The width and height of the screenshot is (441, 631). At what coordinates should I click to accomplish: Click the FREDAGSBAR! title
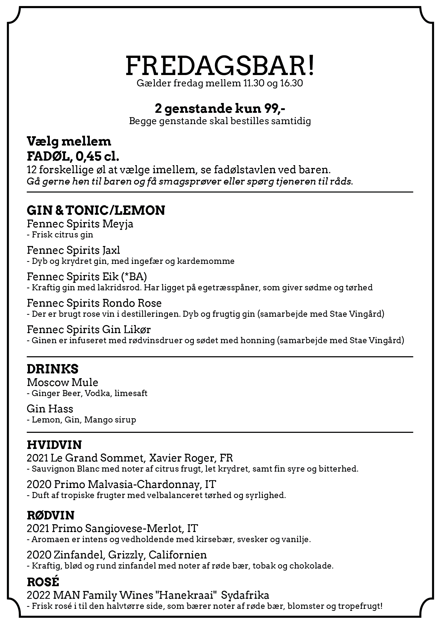click(x=220, y=66)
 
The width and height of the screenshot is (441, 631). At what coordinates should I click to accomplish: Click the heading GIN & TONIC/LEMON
click(x=96, y=211)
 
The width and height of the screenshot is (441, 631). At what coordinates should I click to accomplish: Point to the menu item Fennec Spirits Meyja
click(x=80, y=224)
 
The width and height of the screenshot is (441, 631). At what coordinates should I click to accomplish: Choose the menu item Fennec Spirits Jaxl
click(x=73, y=250)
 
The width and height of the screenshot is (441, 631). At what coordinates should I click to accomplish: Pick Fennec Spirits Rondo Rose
click(x=94, y=303)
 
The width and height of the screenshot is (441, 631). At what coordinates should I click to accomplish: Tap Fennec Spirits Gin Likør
click(x=89, y=330)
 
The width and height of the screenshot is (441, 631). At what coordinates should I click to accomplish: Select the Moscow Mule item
click(x=62, y=382)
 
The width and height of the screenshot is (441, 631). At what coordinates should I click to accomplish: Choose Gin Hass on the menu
click(x=50, y=409)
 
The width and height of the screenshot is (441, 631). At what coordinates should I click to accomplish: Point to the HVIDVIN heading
click(x=54, y=445)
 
